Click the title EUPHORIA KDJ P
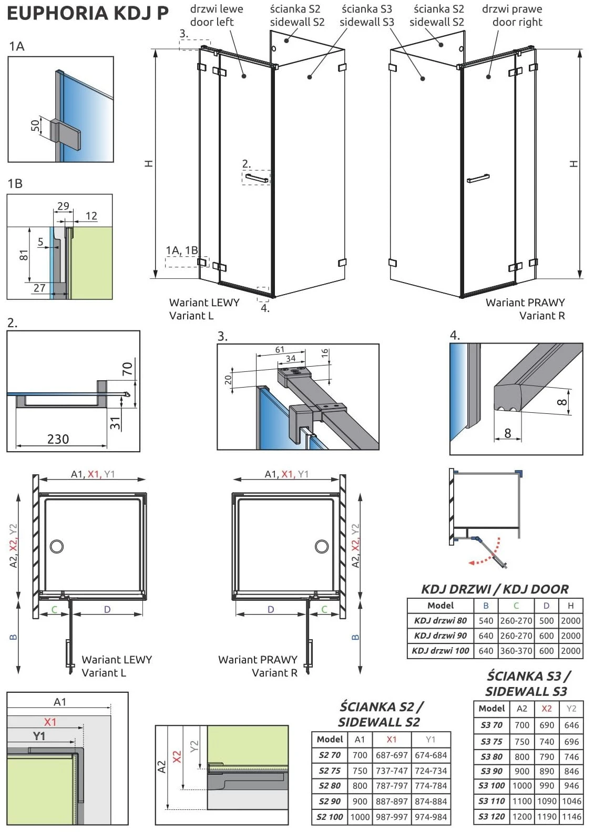point(87,14)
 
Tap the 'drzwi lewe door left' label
point(216,16)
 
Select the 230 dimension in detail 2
point(58,439)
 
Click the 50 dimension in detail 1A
point(35,126)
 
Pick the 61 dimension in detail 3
point(280,350)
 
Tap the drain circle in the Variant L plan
point(57,546)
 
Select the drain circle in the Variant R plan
point(322,546)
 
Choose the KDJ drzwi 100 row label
point(440,651)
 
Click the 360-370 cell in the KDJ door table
point(516,651)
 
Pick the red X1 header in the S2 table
point(392,740)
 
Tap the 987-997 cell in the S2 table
point(392,817)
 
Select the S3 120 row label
point(491,817)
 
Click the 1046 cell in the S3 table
point(571,801)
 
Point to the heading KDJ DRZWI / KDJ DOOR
point(495,589)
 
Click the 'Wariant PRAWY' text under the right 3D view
point(525,303)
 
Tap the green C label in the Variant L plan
point(54,610)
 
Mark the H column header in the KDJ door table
point(571,606)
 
